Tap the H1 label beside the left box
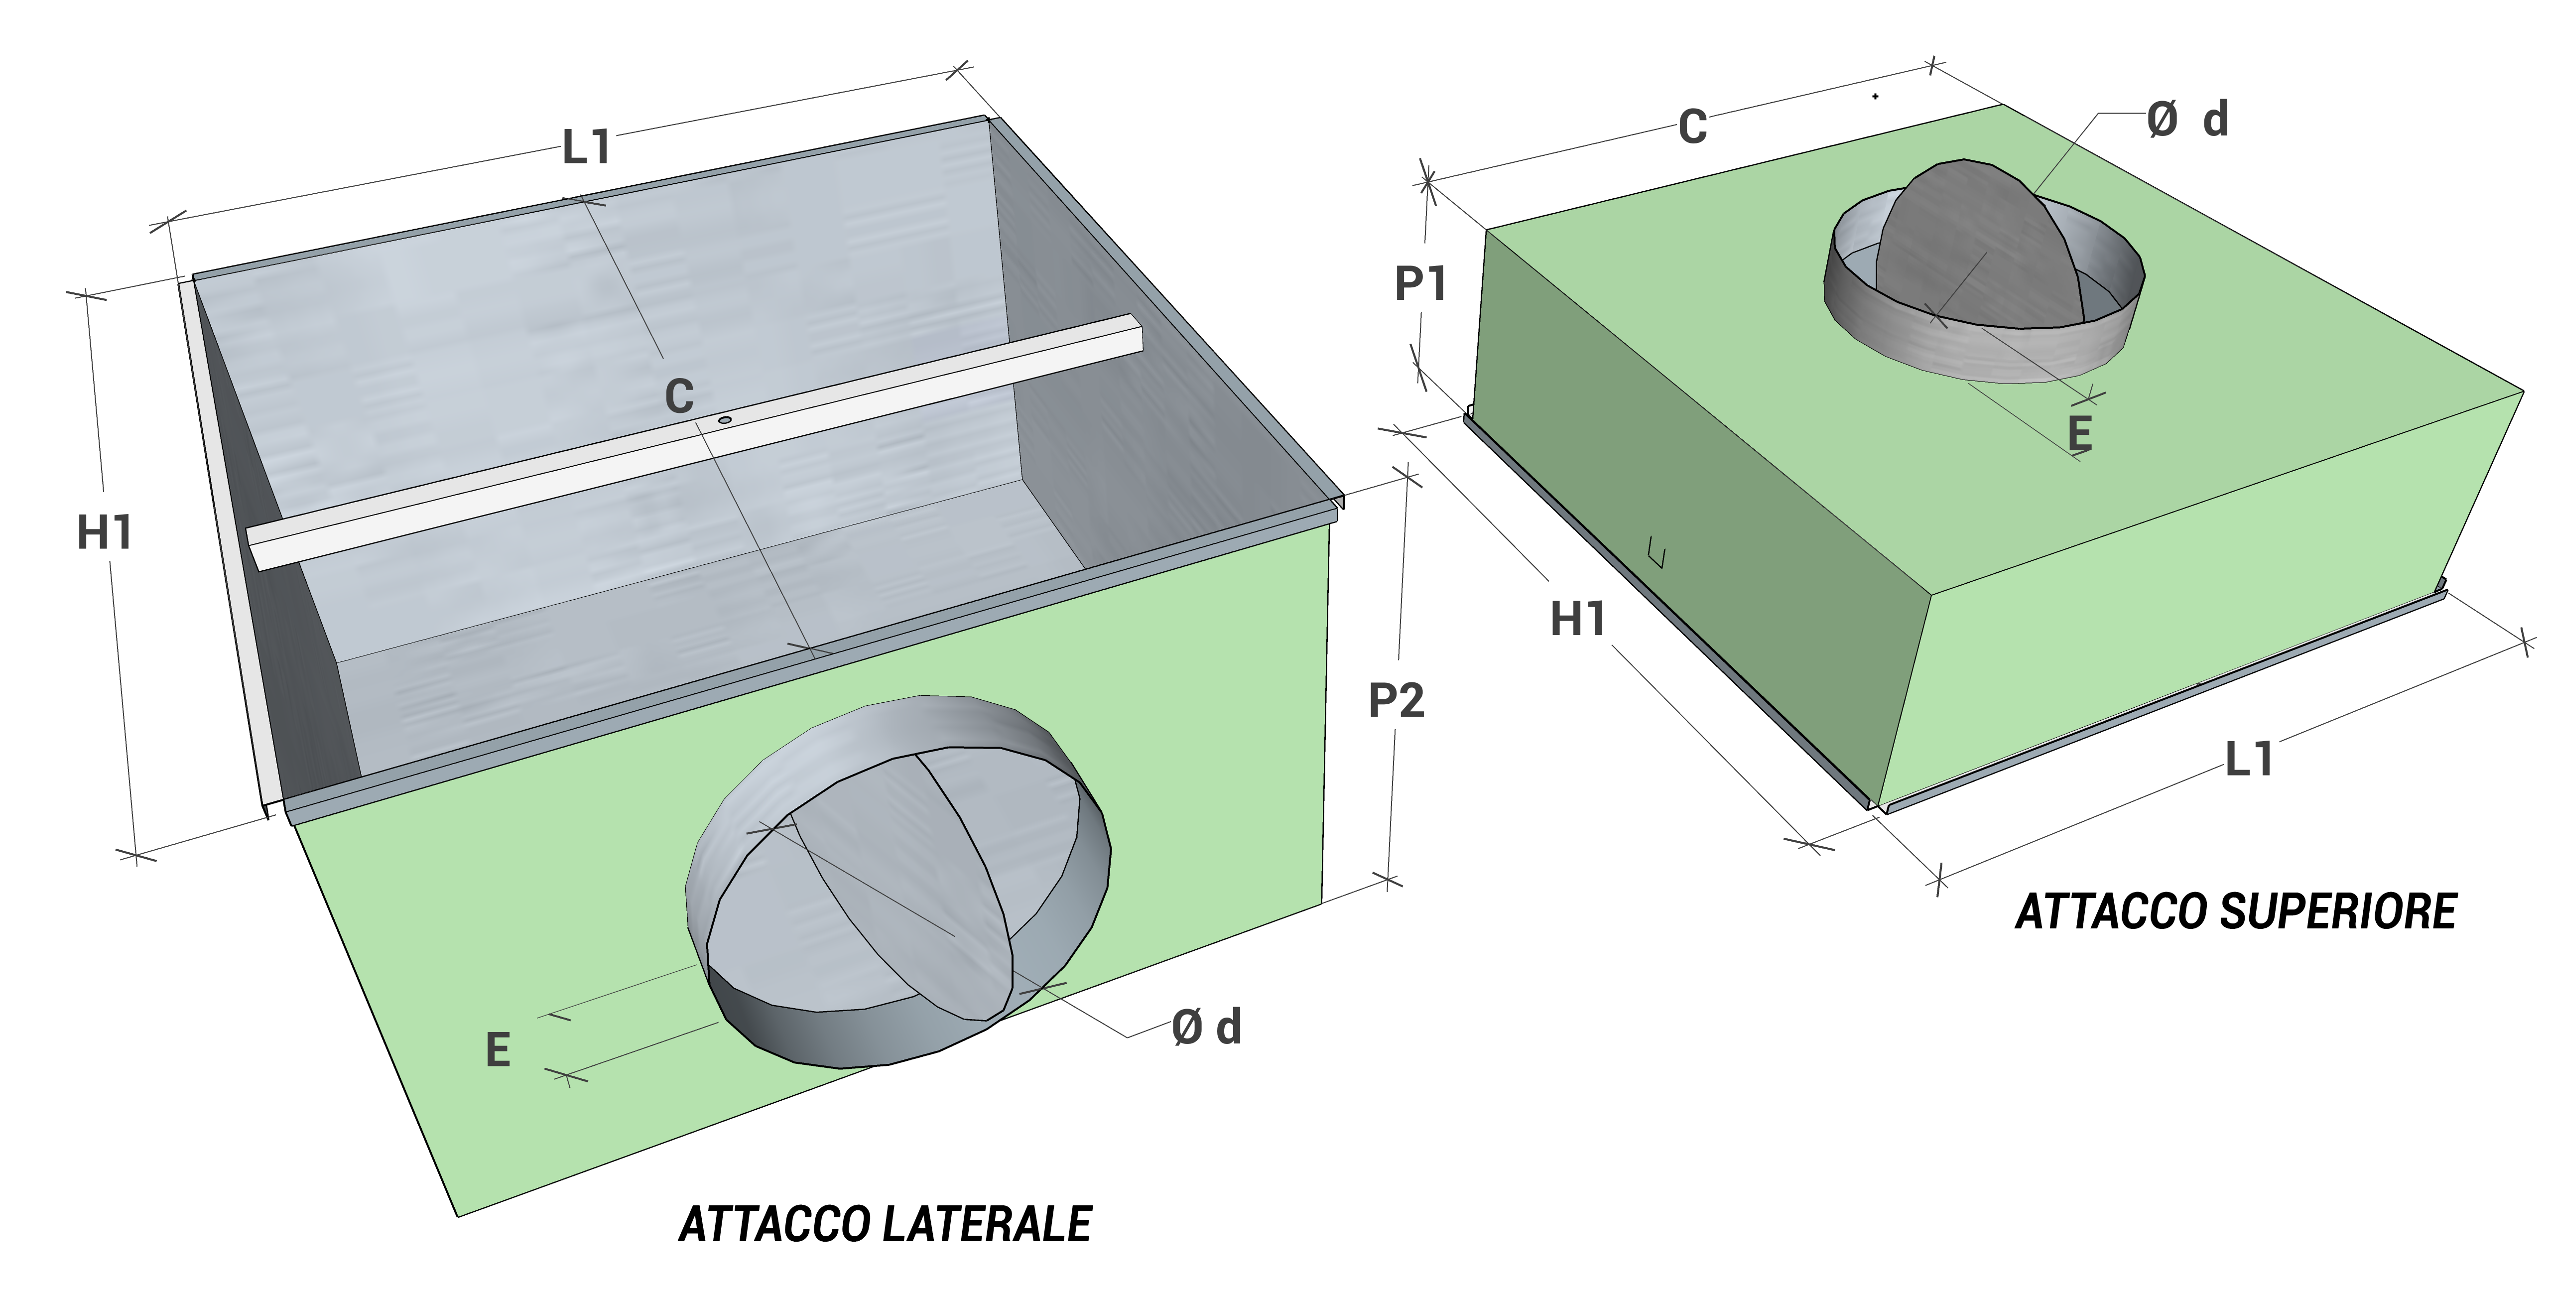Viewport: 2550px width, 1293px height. coord(105,532)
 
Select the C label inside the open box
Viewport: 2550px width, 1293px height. coord(679,397)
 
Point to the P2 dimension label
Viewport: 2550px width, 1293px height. coord(1396,701)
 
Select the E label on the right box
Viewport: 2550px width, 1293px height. coord(2080,434)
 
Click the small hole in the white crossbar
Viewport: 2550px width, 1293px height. coord(725,421)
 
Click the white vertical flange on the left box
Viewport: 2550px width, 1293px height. coord(228,544)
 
